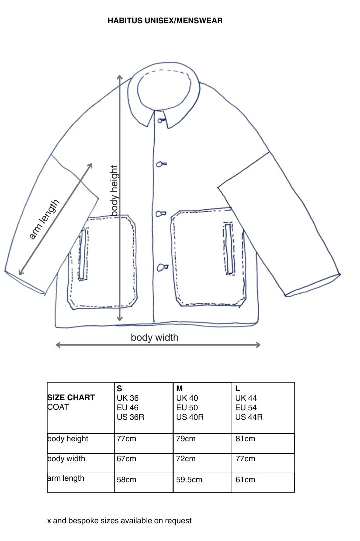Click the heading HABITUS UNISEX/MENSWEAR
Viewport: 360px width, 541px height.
coord(165,21)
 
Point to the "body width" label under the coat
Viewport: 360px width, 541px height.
coord(154,337)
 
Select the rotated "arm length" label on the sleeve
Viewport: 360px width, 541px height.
coord(44,219)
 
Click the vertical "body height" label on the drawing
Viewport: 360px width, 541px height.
coord(114,191)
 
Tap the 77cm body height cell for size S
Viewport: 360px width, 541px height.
coord(126,439)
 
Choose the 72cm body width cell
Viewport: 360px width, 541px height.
coord(186,459)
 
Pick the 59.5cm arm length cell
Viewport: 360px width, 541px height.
coord(189,480)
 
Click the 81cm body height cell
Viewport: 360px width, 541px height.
coord(245,439)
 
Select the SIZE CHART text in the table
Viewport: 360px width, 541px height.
coord(71,397)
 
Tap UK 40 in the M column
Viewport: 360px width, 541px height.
coord(186,398)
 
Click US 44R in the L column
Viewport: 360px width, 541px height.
coord(249,417)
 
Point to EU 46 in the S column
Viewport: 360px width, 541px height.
coord(127,408)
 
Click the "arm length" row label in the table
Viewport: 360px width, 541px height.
coord(66,478)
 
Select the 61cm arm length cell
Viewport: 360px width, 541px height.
coord(245,480)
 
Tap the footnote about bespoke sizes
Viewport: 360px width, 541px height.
coord(119,521)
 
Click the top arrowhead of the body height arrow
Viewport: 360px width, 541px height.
coord(120,77)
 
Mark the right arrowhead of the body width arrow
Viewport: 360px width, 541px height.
coord(258,345)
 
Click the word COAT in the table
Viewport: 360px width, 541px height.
coord(58,407)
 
